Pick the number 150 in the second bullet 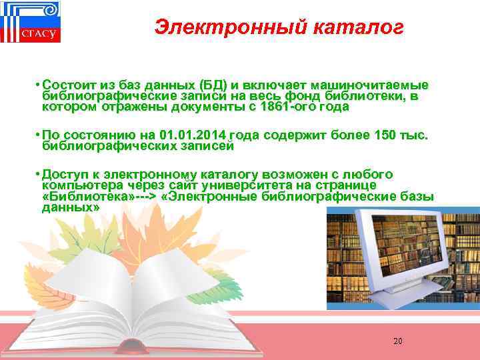click(391, 135)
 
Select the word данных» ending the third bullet click(71, 207)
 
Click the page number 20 click(397, 341)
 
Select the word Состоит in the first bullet click(67, 85)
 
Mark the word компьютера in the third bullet click(74, 185)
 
